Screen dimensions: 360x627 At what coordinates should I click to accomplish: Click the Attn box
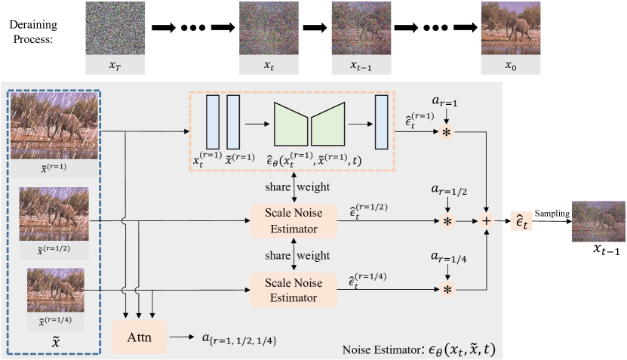[140, 337]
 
